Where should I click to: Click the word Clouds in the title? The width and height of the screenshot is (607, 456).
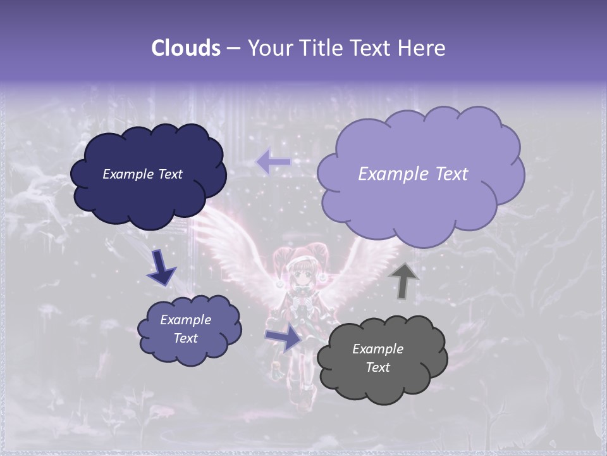[186, 48]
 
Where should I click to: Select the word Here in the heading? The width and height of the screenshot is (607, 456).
[422, 48]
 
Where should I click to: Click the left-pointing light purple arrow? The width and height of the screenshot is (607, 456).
[273, 162]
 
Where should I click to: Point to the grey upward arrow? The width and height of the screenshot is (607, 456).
[403, 281]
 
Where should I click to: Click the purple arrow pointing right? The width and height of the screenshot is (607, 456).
[284, 338]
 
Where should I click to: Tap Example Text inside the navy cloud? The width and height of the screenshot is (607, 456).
[142, 174]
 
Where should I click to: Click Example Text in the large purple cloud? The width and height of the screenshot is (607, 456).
[413, 174]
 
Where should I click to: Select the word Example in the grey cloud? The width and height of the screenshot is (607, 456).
[377, 349]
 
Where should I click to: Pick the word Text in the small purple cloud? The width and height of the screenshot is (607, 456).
[186, 338]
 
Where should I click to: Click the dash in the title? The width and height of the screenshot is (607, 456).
[233, 48]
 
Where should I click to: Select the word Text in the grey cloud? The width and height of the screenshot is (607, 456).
[377, 367]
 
